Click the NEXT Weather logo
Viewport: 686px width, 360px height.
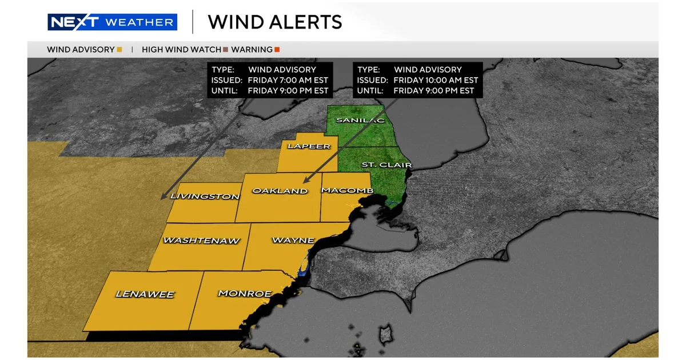coord(112,22)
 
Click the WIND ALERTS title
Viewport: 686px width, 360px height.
coord(275,22)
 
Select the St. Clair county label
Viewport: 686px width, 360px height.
coord(387,165)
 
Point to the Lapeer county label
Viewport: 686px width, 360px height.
coord(309,146)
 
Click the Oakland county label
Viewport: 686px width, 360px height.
coord(280,190)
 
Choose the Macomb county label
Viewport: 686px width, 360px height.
coord(348,190)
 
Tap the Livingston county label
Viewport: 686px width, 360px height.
coord(205,197)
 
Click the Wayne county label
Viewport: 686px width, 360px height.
coord(293,240)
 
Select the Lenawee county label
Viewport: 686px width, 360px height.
coord(145,294)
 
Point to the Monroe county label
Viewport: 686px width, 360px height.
coord(245,294)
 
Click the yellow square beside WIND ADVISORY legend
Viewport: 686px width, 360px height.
coord(119,50)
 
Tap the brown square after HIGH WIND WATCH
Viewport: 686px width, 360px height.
coord(226,50)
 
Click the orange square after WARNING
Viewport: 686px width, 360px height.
coord(277,50)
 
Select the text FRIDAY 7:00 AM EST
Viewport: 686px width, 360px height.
coord(288,80)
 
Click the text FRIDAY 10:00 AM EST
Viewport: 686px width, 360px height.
coord(436,80)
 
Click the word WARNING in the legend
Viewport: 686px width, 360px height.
coord(252,50)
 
